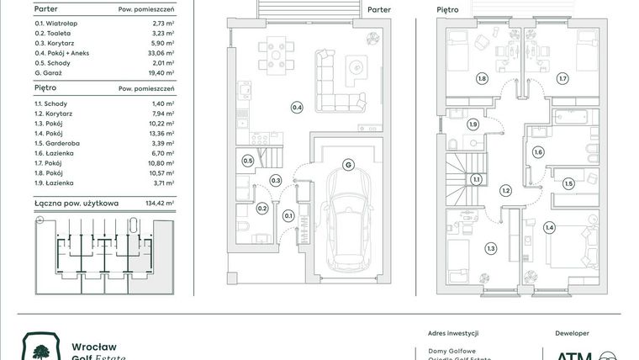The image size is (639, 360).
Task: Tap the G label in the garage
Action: (346, 165)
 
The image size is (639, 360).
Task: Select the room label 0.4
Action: (297, 107)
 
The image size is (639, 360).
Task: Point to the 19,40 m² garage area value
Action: (160, 73)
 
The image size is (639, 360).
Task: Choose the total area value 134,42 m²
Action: (158, 203)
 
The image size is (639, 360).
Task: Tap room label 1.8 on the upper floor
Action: (482, 79)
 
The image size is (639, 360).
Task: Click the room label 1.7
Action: (562, 79)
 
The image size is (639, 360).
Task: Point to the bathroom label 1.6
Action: (538, 152)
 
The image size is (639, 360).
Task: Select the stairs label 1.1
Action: (476, 179)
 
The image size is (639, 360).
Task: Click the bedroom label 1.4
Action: (549, 227)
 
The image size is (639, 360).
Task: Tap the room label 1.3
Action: (490, 247)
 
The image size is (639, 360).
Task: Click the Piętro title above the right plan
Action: (447, 10)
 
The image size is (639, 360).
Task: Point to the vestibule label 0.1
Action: (288, 216)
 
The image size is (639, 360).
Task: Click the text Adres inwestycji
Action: (446, 333)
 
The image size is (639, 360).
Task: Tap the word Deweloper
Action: (573, 333)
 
